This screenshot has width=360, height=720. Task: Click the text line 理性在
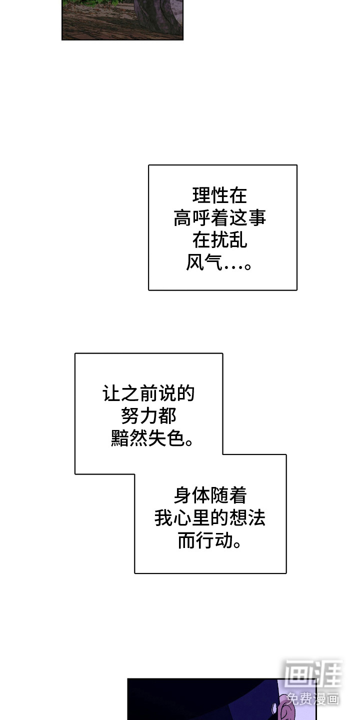[220, 195]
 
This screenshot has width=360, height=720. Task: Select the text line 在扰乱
[220, 240]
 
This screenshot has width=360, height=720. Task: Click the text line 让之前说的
[148, 393]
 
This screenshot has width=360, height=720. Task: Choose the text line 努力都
[148, 416]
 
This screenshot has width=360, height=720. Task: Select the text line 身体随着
[210, 496]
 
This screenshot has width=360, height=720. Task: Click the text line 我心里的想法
[210, 518]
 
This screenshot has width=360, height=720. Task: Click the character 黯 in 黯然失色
[119, 438]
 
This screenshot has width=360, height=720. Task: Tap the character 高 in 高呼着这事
[183, 218]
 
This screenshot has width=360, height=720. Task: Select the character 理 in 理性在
[201, 195]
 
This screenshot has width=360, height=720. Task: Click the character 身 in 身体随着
[183, 496]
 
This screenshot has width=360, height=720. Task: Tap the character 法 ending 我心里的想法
[256, 518]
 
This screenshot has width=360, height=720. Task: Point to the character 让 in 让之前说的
[112, 393]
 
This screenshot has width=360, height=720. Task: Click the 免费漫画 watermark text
[313, 698]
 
